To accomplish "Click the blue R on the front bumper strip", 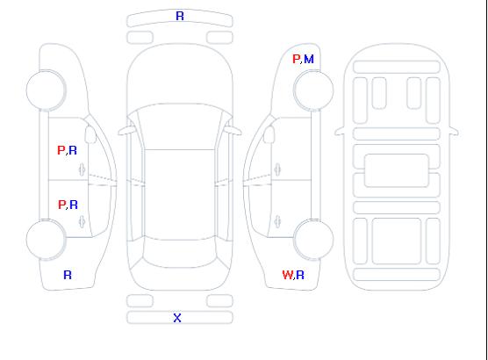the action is click(180, 16).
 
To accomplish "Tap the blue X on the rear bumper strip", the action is click(177, 318).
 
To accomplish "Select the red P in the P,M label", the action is click(296, 59).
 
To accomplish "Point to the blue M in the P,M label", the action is click(309, 59).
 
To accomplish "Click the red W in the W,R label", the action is click(287, 275).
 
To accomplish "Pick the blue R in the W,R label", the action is click(300, 275).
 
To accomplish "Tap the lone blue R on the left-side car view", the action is click(68, 275).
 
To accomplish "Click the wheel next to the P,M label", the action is click(313, 90).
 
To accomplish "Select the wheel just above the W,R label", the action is click(313, 239).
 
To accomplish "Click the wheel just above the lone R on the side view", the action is click(46, 239).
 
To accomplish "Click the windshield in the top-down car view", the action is click(180, 126).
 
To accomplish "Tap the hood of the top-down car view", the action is click(180, 75).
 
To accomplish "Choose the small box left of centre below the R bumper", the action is click(140, 38).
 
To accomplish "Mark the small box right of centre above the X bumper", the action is click(219, 301).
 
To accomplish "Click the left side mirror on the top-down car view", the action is click(126, 131).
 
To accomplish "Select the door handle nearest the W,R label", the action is click(277, 221).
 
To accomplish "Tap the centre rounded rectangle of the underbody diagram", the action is click(397, 170).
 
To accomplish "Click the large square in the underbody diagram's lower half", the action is click(397, 241).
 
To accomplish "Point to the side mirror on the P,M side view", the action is click(269, 134).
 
